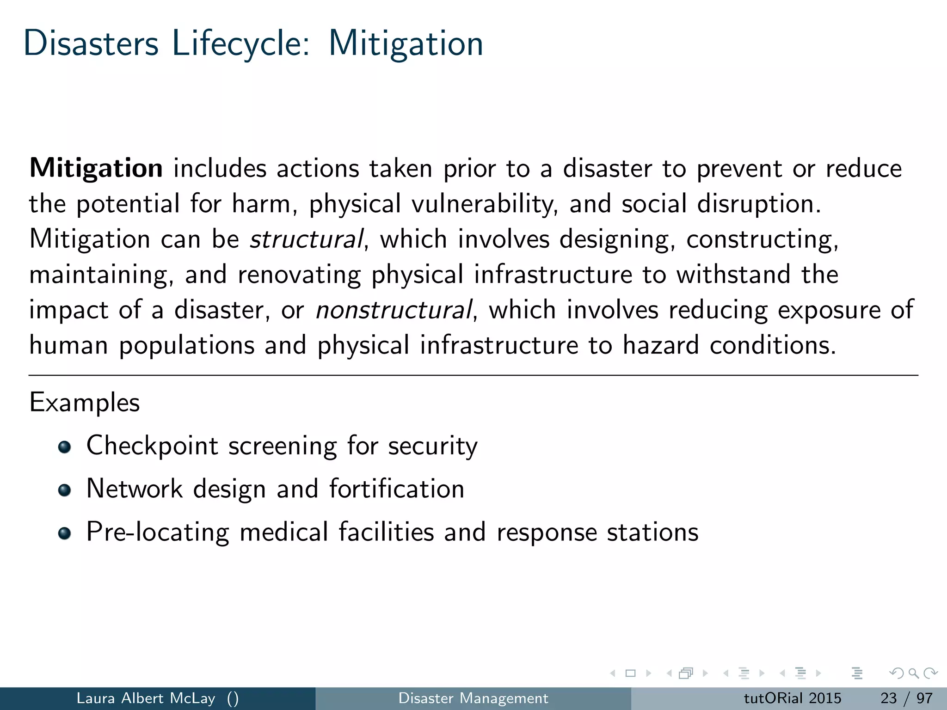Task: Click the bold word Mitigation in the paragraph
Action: click(96, 169)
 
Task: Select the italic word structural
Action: click(306, 239)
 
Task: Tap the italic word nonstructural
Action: click(394, 310)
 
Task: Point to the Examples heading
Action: click(84, 403)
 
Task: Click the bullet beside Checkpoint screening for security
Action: click(65, 447)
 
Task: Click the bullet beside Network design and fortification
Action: click(65, 490)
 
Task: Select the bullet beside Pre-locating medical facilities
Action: click(65, 533)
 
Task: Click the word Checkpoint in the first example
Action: click(152, 446)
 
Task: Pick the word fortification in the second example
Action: click(397, 489)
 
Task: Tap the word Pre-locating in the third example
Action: click(158, 532)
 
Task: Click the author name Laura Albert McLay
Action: click(146, 698)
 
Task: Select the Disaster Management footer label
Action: click(473, 698)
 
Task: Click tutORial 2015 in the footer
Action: click(792, 698)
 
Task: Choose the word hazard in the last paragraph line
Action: click(660, 346)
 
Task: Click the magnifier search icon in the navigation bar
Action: click(913, 673)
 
